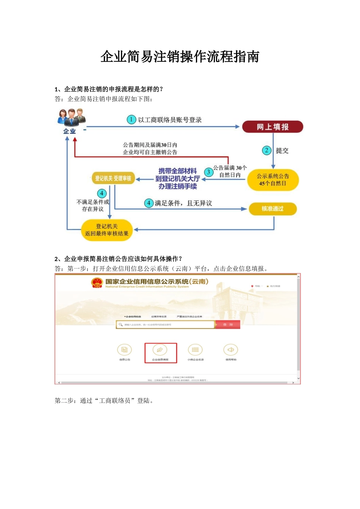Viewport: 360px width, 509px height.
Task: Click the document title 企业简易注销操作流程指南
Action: click(x=180, y=57)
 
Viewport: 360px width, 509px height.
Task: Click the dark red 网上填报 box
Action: click(x=272, y=127)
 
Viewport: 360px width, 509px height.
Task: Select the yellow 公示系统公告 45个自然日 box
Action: click(x=273, y=180)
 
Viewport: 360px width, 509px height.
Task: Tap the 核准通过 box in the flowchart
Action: click(x=272, y=209)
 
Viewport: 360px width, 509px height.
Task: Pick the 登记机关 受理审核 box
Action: click(x=113, y=178)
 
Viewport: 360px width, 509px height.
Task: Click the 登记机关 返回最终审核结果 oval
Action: click(x=107, y=230)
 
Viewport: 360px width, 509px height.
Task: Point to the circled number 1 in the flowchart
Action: click(x=131, y=120)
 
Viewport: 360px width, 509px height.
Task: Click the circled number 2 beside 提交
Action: click(x=267, y=150)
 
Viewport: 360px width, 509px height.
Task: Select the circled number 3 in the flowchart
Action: click(x=208, y=172)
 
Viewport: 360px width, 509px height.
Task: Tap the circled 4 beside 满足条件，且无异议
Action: click(x=149, y=203)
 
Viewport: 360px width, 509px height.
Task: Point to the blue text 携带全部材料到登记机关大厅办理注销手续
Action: click(x=177, y=179)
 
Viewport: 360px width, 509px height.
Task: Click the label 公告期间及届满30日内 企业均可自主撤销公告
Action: click(x=150, y=148)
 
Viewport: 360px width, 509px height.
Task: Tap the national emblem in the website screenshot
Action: click(x=97, y=283)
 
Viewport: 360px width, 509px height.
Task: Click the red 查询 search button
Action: click(x=228, y=325)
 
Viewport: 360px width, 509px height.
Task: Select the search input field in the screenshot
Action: click(x=165, y=325)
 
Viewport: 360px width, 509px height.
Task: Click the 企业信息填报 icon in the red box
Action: click(x=160, y=350)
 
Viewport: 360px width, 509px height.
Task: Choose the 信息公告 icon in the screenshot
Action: click(x=125, y=350)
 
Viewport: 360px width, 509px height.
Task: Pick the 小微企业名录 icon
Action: click(x=195, y=350)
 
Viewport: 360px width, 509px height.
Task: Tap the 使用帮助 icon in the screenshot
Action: click(x=230, y=350)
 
